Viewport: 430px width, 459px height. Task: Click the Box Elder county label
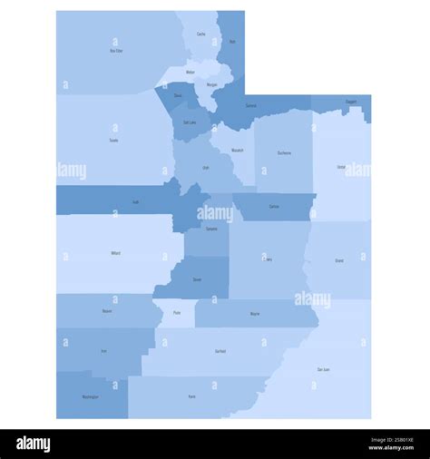(x=116, y=51)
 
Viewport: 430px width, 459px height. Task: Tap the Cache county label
(x=200, y=34)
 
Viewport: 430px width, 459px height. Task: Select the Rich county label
(x=232, y=42)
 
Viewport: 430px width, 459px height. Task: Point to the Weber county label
(x=191, y=72)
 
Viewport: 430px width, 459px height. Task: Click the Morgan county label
(x=212, y=84)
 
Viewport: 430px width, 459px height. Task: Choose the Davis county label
(x=178, y=94)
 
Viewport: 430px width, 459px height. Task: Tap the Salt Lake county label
(x=190, y=122)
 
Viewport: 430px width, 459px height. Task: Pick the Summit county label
(x=251, y=105)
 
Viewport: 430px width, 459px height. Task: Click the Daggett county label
(x=350, y=102)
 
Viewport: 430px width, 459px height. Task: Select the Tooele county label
(x=113, y=141)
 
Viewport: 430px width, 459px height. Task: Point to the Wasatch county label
(x=237, y=150)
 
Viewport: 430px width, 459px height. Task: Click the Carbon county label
(x=274, y=207)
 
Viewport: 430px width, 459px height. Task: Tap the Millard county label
(x=115, y=253)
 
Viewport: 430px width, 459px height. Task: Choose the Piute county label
(x=177, y=313)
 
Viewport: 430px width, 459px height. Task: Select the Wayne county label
(x=255, y=314)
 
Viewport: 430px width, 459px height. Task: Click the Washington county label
(x=91, y=396)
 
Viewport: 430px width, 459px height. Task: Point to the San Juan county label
(x=323, y=369)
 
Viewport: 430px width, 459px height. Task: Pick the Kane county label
(x=191, y=396)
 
